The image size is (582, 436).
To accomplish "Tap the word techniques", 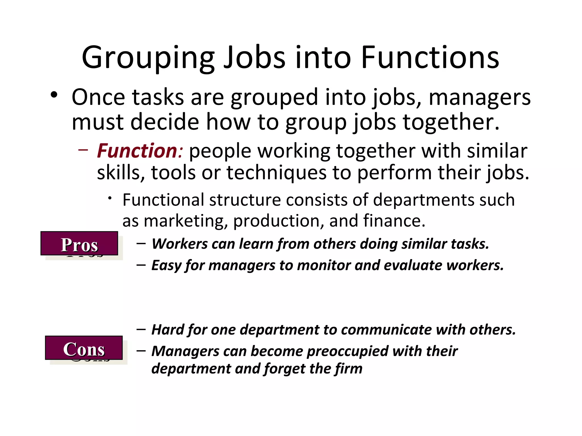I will click(x=276, y=173).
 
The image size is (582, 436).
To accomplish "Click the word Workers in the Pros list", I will click(x=180, y=244).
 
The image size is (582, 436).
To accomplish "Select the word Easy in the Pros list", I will click(x=166, y=265).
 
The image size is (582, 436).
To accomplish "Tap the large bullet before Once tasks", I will click(x=54, y=95).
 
